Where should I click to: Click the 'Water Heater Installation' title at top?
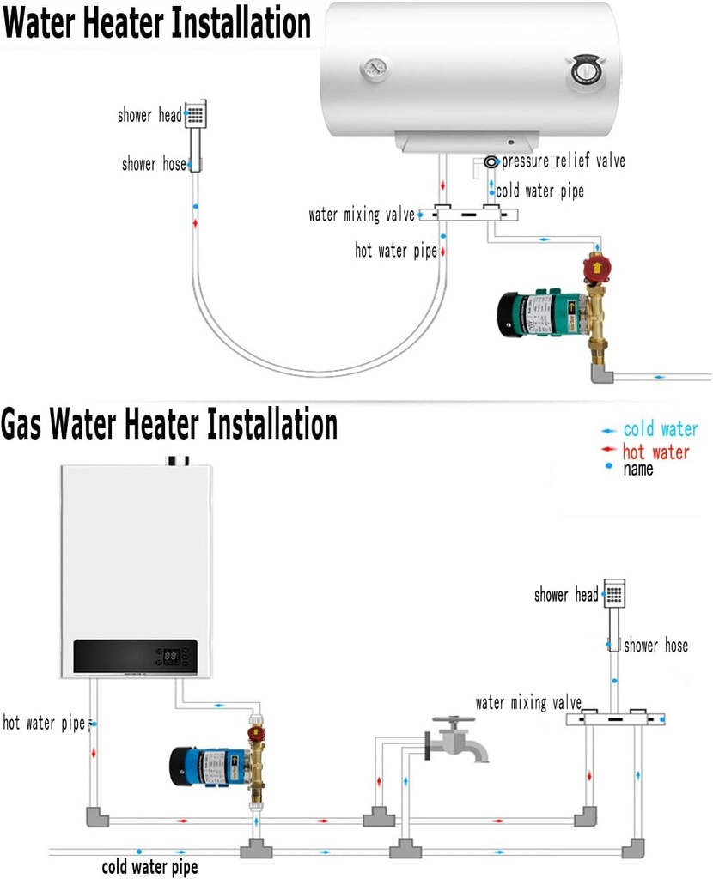pos(156,23)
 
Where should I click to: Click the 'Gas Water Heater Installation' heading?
pos(169,424)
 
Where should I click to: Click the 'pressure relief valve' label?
pos(563,161)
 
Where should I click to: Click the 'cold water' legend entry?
pos(660,429)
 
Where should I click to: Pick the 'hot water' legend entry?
pos(656,452)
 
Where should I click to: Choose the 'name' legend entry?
pos(637,469)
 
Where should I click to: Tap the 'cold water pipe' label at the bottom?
pos(149,867)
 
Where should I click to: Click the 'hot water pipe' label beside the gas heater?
pos(44,724)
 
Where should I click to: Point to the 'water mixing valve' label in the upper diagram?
pos(362,215)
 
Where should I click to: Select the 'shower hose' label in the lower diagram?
pos(655,646)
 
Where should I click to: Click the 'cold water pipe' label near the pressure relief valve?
pos(539,191)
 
